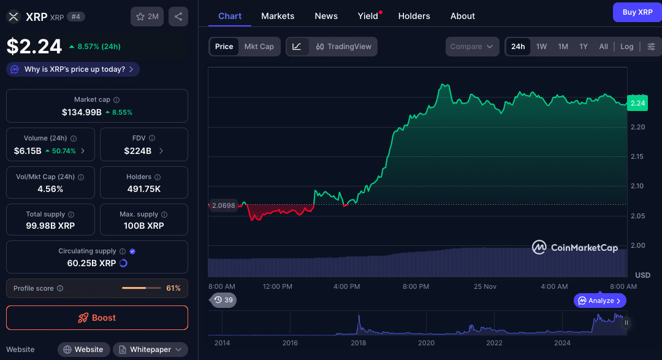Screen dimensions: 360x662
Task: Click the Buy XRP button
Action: coord(637,12)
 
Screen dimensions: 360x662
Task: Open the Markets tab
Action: coord(278,16)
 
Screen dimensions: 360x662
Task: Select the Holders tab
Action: coord(414,16)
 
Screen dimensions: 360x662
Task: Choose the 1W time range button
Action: coord(541,47)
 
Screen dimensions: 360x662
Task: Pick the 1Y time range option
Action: coord(584,47)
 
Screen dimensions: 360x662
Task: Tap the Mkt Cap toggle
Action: coord(259,47)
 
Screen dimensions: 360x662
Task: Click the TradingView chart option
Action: coord(344,47)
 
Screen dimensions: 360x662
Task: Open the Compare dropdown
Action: coord(472,47)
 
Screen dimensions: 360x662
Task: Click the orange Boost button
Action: coord(97,318)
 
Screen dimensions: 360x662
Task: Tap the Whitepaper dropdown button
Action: coord(150,350)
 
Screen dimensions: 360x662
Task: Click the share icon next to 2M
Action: coord(178,17)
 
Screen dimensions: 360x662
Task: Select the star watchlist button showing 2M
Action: coord(147,17)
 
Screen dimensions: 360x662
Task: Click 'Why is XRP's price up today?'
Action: coord(73,69)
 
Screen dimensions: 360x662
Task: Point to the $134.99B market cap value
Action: coord(82,112)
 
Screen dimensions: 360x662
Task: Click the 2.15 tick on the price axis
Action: coord(638,157)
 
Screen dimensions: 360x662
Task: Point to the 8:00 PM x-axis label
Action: coord(416,286)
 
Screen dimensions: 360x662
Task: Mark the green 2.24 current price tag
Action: coord(637,103)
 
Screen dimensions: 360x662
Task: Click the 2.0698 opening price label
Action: coord(223,205)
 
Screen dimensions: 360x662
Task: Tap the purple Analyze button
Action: coord(600,301)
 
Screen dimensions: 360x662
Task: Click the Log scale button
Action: coord(626,47)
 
